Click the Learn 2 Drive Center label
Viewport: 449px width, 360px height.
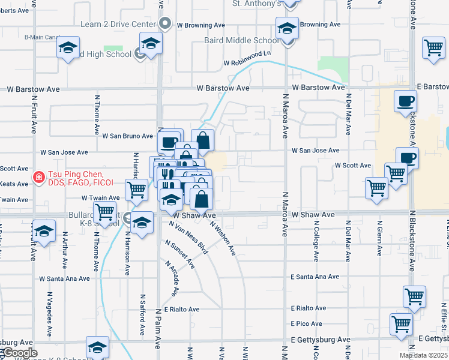(118, 25)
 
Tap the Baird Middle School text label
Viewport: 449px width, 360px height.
(246, 41)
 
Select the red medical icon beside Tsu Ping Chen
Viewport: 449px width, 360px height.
(38, 177)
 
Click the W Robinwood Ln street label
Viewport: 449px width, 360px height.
(247, 62)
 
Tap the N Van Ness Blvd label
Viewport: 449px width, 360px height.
(188, 238)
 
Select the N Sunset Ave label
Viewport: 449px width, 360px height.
(180, 254)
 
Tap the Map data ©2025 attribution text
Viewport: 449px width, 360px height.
(423, 355)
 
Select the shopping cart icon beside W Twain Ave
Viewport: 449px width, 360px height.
(137, 190)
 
